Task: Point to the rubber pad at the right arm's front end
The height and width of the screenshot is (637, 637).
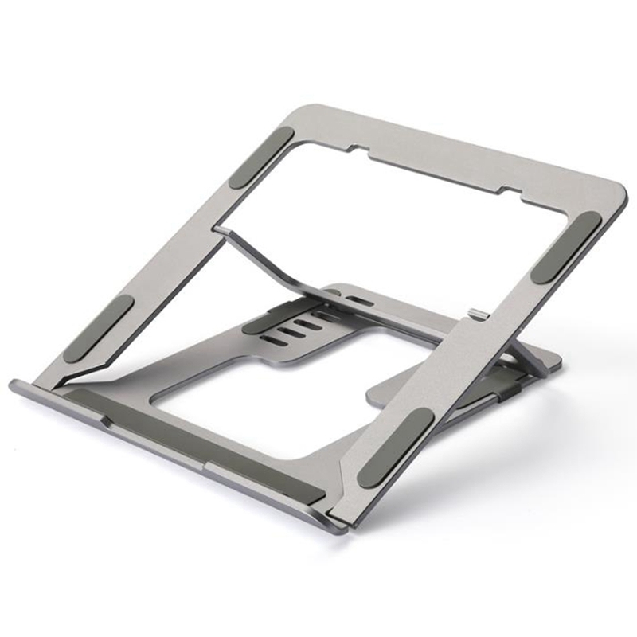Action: point(396,448)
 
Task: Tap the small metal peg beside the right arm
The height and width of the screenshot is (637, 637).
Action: point(475,315)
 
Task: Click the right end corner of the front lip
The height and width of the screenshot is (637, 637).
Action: point(340,526)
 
